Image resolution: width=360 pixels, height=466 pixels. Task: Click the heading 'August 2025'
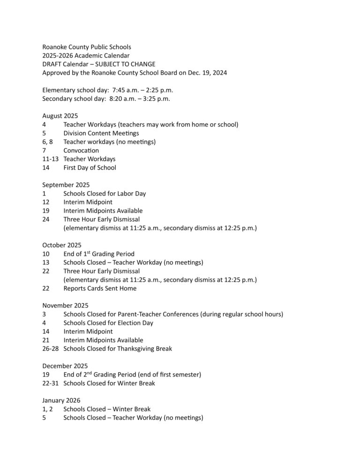tap(60, 116)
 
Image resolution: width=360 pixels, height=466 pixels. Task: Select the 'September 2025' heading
tap(66, 185)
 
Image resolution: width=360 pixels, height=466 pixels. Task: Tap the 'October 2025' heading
tap(61, 245)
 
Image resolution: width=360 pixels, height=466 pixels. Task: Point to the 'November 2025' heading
tap(65, 305)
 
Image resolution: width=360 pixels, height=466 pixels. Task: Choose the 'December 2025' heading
tap(65, 366)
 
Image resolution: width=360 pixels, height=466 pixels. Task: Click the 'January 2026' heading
tap(61, 400)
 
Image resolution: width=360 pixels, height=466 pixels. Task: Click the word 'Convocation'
tap(81, 150)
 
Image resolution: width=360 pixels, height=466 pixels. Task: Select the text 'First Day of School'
tap(90, 167)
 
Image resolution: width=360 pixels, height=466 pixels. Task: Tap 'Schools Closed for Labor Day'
tap(105, 193)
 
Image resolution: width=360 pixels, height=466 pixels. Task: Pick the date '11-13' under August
tap(50, 159)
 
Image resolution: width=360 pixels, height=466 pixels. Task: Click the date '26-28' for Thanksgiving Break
tap(50, 348)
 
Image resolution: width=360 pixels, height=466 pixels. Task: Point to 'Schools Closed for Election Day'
tap(108, 323)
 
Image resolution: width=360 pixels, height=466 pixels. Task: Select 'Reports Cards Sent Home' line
tap(100, 288)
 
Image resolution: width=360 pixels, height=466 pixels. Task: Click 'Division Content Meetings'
tap(101, 133)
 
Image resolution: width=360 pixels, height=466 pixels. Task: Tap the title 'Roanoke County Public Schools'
tap(87, 47)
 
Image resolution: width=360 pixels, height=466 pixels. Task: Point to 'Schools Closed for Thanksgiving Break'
tap(118, 348)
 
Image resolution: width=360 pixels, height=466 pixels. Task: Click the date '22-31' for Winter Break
tap(50, 383)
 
